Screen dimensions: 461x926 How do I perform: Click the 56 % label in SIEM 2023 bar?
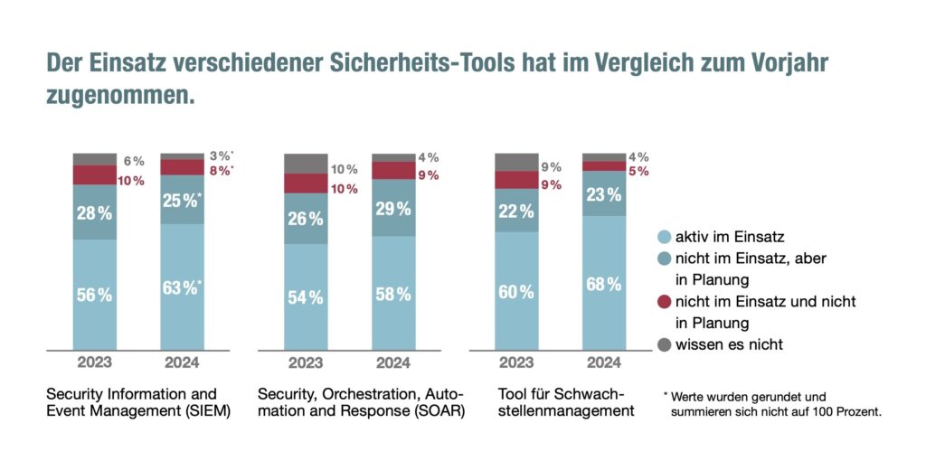pyautogui.click(x=94, y=295)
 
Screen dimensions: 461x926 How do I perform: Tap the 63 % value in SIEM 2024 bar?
pyautogui.click(x=180, y=288)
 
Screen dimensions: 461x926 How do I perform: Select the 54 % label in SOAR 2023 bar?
pyautogui.click(x=306, y=297)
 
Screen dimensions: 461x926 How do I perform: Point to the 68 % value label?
pyautogui.click(x=603, y=284)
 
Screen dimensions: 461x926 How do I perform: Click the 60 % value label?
pyautogui.click(x=516, y=292)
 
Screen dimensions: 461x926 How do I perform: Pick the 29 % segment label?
pyautogui.click(x=392, y=209)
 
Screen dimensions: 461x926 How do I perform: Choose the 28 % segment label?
pyautogui.click(x=94, y=213)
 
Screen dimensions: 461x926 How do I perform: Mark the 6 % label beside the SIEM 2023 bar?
pyautogui.click(x=134, y=161)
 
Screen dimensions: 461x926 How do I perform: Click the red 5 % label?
pyautogui.click(x=638, y=171)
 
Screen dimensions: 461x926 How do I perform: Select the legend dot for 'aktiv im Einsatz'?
pyautogui.click(x=664, y=236)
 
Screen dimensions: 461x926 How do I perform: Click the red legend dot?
pyautogui.click(x=664, y=301)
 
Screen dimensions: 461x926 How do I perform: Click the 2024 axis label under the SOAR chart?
pyautogui.click(x=392, y=362)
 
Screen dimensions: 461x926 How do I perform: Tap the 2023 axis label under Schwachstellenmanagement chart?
pyautogui.click(x=516, y=362)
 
